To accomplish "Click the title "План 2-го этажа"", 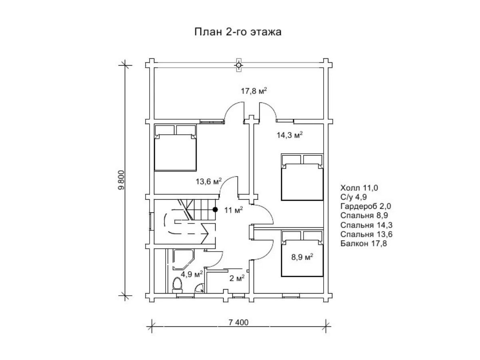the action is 238,32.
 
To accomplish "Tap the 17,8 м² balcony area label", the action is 254,91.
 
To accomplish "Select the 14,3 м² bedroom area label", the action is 290,135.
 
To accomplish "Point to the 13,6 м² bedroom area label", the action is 208,181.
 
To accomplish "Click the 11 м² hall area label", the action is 233,210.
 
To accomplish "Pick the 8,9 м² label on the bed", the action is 302,257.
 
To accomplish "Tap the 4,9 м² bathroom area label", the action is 192,274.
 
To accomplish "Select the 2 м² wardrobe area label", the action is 237,278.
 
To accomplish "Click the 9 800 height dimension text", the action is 121,180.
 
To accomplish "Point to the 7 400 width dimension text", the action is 238,322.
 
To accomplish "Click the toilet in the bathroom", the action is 177,285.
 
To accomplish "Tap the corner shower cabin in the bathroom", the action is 184,260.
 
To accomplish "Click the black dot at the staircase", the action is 215,210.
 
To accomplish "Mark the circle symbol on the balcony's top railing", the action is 238,65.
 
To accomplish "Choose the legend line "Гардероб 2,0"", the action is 366,206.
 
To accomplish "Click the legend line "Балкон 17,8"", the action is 364,243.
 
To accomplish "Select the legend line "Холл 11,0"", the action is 359,188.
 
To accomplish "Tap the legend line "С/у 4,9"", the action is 353,197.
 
